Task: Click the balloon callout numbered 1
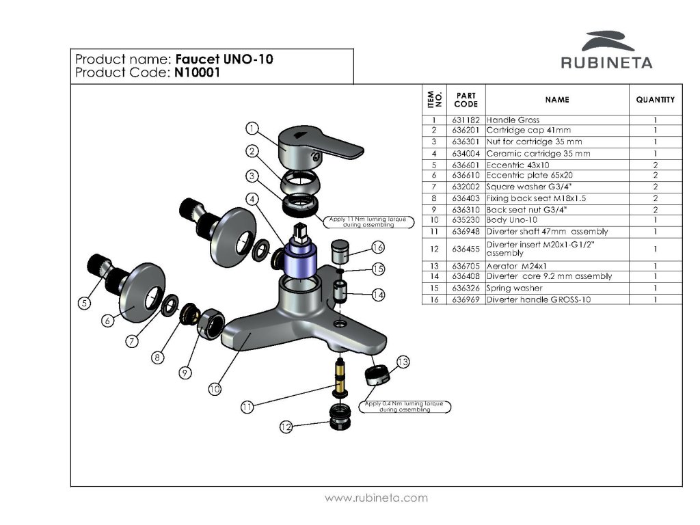pyautogui.click(x=252, y=129)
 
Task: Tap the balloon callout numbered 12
pyautogui.click(x=286, y=427)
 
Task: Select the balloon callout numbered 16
pyautogui.click(x=378, y=247)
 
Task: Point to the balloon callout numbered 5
pyautogui.click(x=84, y=303)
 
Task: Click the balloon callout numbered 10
pyautogui.click(x=215, y=389)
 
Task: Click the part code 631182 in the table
pyautogui.click(x=466, y=120)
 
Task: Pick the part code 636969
pyautogui.click(x=466, y=299)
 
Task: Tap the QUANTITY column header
pyautogui.click(x=655, y=100)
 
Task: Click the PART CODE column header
pyautogui.click(x=466, y=100)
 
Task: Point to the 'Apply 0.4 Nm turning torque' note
pyautogui.click(x=405, y=406)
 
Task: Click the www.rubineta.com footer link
pyautogui.click(x=377, y=498)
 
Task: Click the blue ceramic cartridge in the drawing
pyautogui.click(x=300, y=260)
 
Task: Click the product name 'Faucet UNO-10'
pyautogui.click(x=224, y=59)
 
